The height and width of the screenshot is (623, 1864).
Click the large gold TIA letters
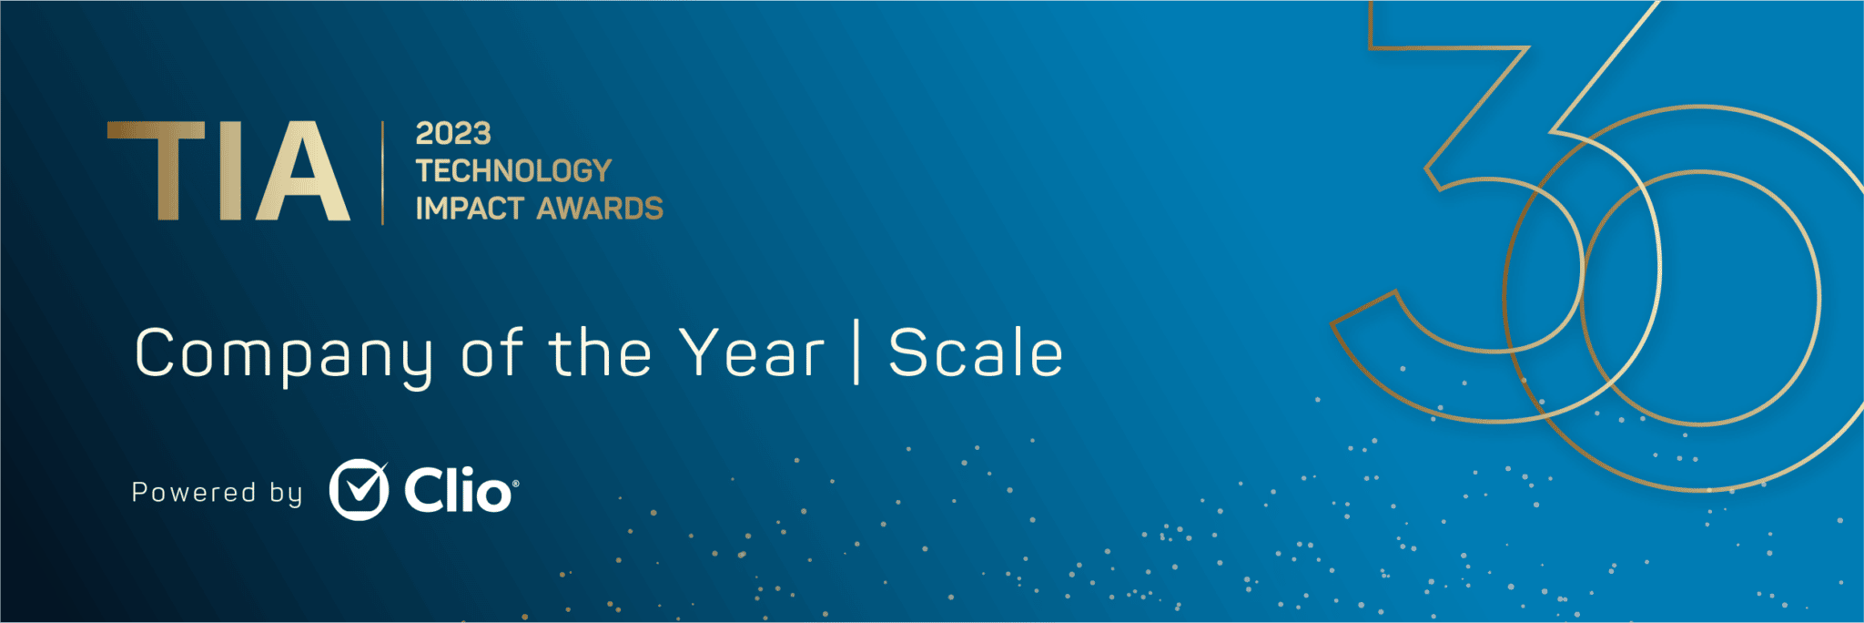tap(228, 171)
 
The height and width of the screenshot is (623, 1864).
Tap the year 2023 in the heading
tap(453, 134)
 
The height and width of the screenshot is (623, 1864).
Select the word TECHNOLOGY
tap(513, 170)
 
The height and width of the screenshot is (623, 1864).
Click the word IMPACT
tap(470, 209)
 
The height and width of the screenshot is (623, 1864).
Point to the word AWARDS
tap(600, 209)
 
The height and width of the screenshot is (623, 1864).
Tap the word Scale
tap(976, 352)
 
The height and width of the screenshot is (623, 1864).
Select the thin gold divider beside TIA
tap(382, 172)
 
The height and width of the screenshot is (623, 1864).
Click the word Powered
tap(194, 493)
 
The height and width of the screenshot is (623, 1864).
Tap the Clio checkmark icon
tap(359, 489)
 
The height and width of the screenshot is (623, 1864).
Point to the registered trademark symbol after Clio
tap(516, 484)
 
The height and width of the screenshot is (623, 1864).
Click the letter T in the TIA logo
tap(156, 171)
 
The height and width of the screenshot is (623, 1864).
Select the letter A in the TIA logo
tap(303, 171)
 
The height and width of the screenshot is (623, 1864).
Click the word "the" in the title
tap(600, 352)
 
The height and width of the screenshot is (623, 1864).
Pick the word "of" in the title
tap(492, 352)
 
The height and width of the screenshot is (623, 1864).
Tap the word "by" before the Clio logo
tap(286, 494)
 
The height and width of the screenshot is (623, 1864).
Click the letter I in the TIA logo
tap(230, 171)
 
